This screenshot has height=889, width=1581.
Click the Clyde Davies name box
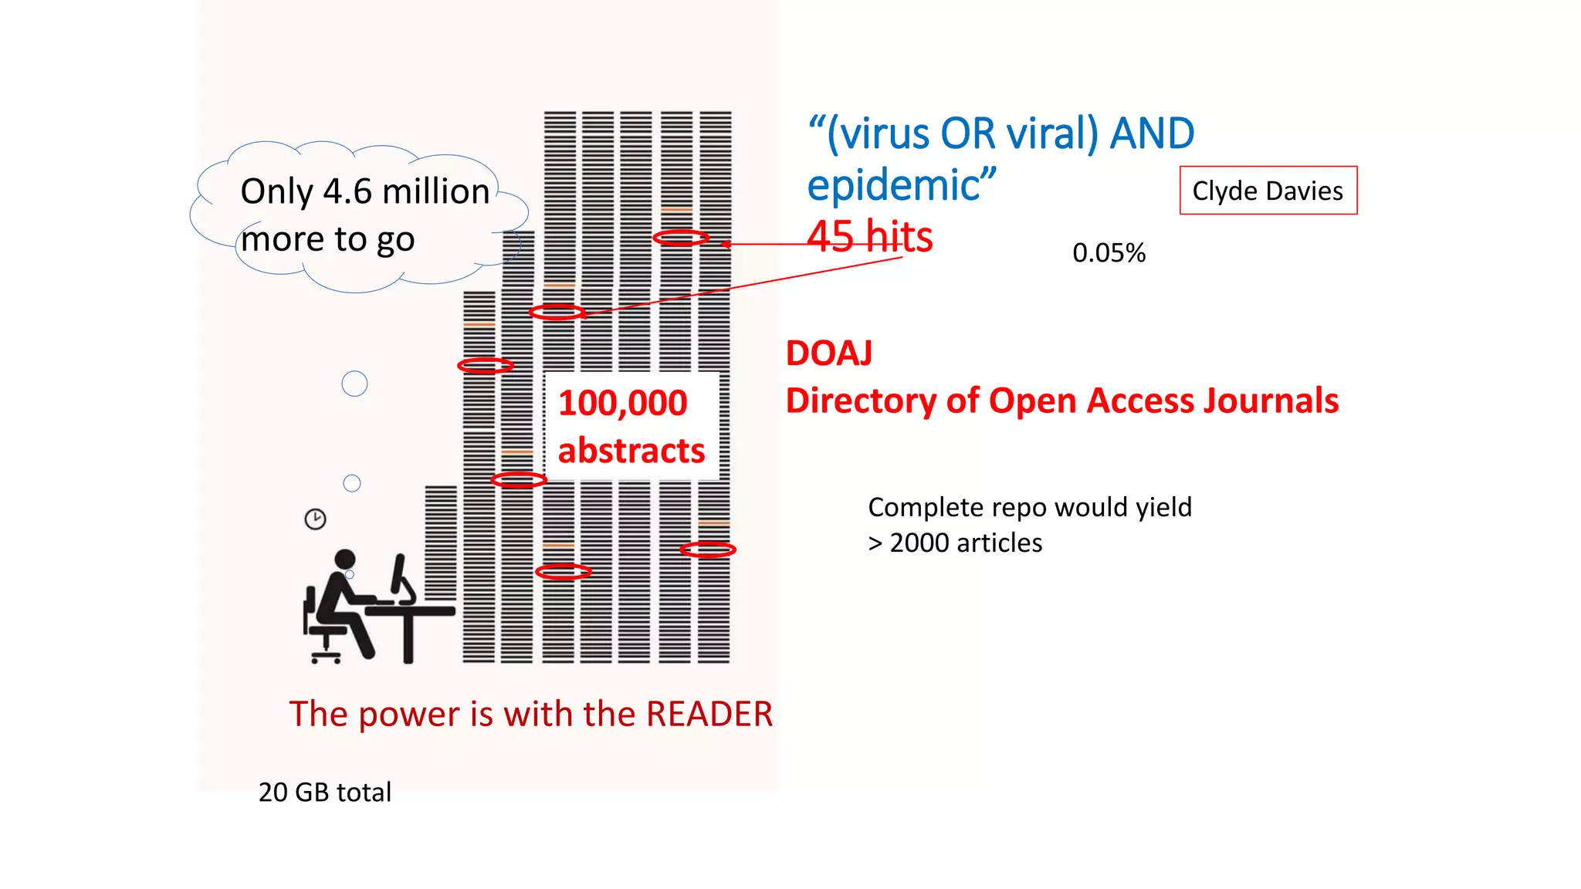[1268, 191]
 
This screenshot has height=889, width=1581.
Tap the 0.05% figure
[1109, 253]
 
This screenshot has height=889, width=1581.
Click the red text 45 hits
[870, 236]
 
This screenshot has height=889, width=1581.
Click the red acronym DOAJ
[829, 353]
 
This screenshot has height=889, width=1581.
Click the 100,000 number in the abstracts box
[622, 404]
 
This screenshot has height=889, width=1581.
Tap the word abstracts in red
[631, 451]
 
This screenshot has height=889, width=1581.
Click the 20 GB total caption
[324, 793]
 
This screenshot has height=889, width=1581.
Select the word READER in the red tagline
[709, 714]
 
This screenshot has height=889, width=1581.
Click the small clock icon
[315, 519]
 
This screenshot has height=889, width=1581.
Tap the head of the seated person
[345, 559]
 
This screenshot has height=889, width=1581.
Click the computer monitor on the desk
[401, 577]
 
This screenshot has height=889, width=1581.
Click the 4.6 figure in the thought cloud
[347, 191]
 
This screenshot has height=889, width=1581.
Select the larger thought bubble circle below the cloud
[354, 384]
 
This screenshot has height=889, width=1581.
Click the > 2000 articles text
[955, 543]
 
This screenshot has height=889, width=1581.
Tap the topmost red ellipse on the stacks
[681, 238]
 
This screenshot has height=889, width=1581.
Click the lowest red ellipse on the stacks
[564, 572]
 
